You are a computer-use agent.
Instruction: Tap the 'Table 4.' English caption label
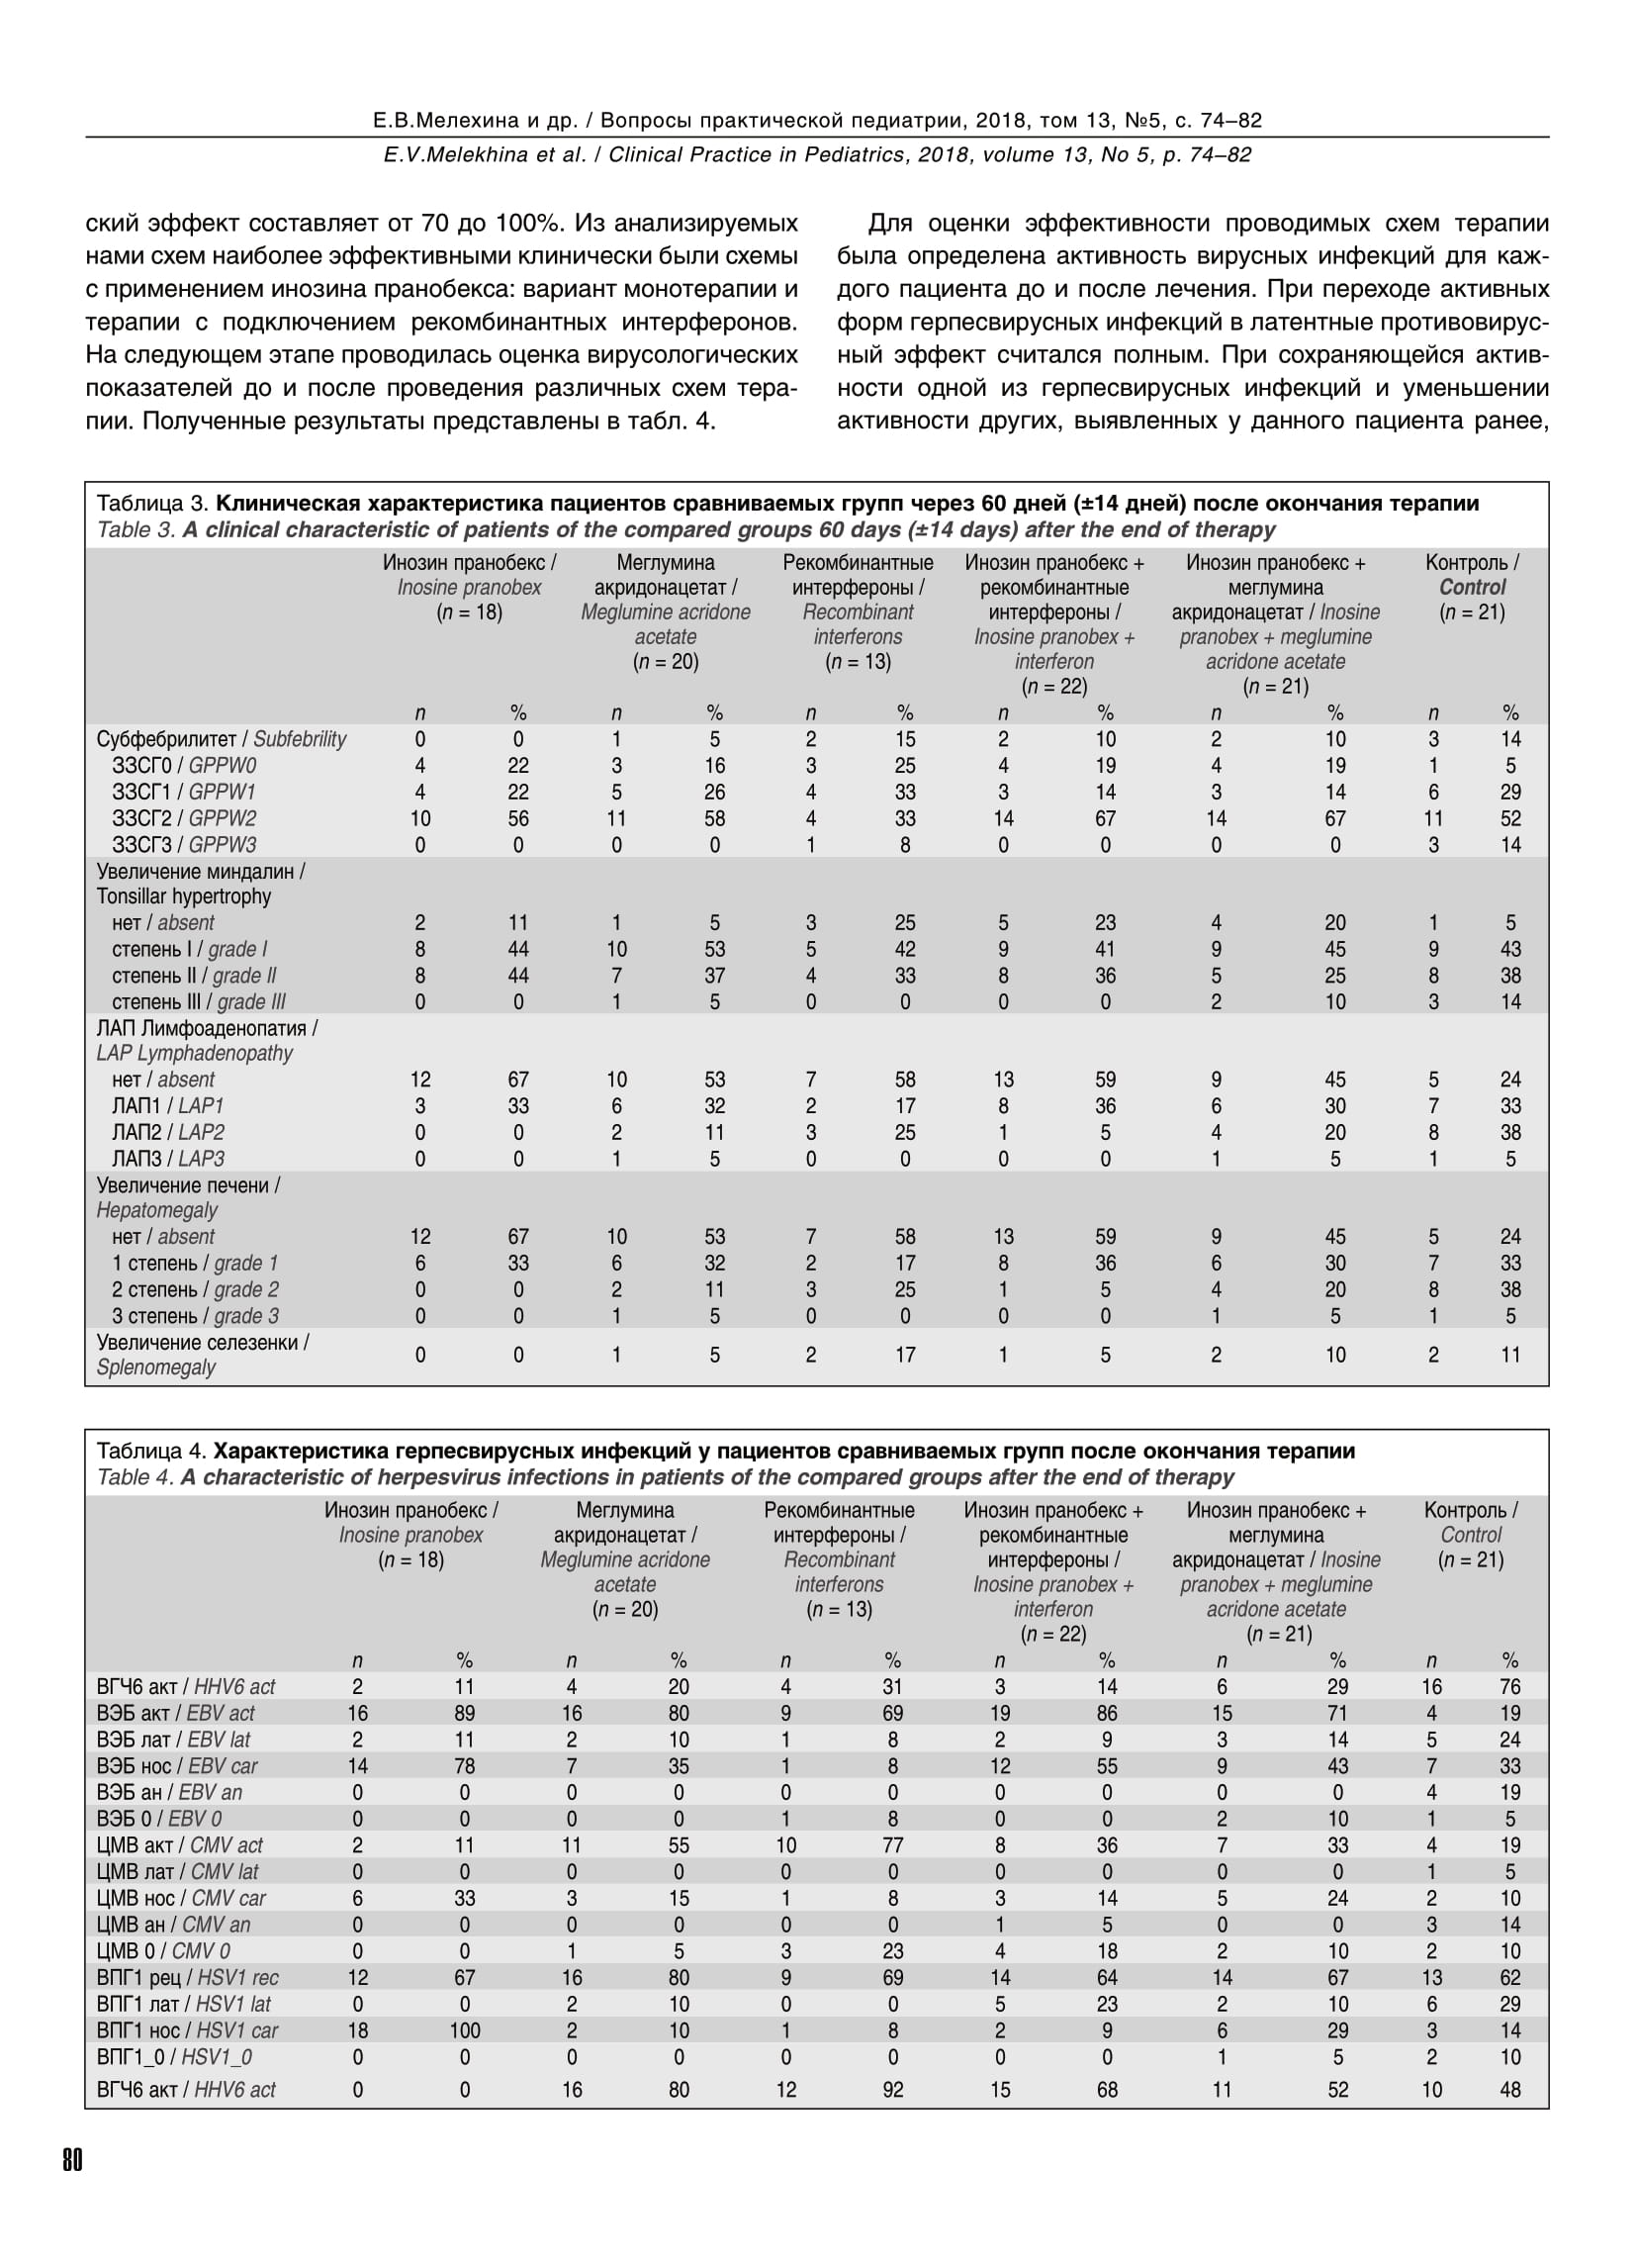pos(136,1477)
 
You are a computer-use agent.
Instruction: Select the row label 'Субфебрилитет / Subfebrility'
pos(222,739)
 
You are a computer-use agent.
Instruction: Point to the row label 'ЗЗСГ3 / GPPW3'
pos(184,845)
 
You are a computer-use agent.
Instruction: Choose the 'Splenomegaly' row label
pos(156,1367)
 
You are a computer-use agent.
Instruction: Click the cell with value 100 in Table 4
pos(464,2029)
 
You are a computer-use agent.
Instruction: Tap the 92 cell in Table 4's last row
pos(893,2090)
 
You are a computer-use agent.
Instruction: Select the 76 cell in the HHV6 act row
pos(1510,1687)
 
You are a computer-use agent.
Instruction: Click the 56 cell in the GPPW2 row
pos(518,819)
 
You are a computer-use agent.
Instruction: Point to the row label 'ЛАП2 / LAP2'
pos(168,1133)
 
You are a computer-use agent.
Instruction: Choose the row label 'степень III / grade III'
pos(199,1002)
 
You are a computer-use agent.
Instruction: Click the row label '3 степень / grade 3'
pos(195,1316)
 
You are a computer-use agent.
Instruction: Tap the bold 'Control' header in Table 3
pos(1473,588)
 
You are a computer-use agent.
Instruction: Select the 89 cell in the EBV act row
pos(464,1713)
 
